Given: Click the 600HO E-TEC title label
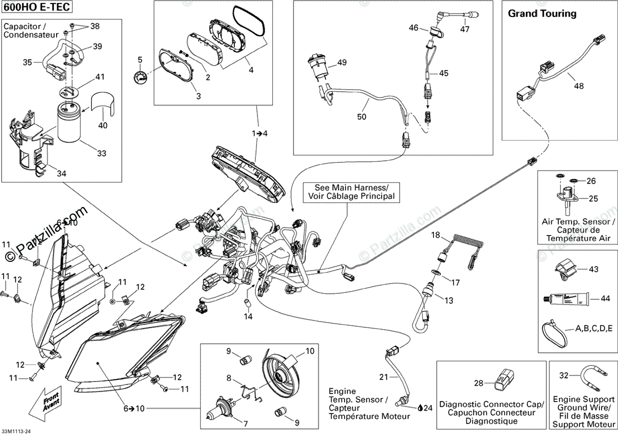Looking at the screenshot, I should point(37,7).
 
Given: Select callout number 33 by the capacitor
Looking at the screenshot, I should point(102,153).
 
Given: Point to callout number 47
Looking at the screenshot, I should point(465,29).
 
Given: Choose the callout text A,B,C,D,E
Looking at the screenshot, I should point(593,328).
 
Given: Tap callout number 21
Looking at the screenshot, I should point(383,377).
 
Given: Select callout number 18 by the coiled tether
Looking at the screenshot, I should point(436,236).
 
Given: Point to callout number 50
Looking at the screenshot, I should point(362,117).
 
